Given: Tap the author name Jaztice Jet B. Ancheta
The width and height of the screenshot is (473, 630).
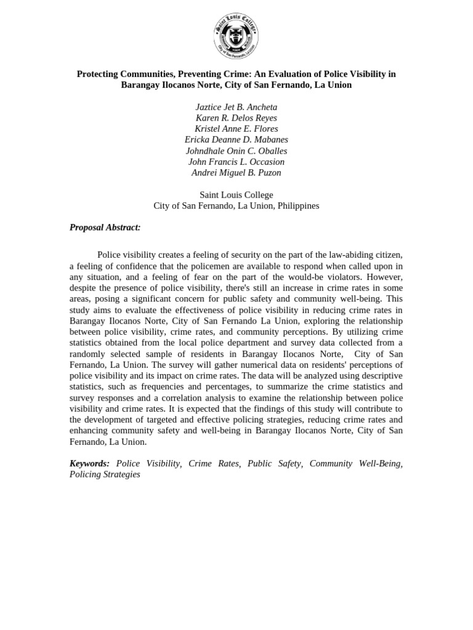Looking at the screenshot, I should pyautogui.click(x=236, y=107).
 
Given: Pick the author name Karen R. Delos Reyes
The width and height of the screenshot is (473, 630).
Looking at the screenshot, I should pyautogui.click(x=236, y=118).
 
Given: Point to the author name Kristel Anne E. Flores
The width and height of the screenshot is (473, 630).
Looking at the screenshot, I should pyautogui.click(x=236, y=129).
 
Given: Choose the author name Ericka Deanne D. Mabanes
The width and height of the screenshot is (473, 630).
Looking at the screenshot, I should pyautogui.click(x=236, y=140).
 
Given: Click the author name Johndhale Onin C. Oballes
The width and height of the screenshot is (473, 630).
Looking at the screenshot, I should pyautogui.click(x=236, y=151).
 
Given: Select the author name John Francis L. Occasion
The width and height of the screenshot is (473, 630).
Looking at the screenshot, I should pyautogui.click(x=236, y=162).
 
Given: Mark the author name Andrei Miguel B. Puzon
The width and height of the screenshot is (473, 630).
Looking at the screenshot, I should pyautogui.click(x=236, y=173).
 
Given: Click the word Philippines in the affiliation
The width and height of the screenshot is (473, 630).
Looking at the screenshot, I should pyautogui.click(x=297, y=206).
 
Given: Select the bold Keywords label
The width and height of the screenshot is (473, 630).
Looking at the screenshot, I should pyautogui.click(x=89, y=464).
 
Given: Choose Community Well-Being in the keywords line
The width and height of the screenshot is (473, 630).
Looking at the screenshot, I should pyautogui.click(x=355, y=464).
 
